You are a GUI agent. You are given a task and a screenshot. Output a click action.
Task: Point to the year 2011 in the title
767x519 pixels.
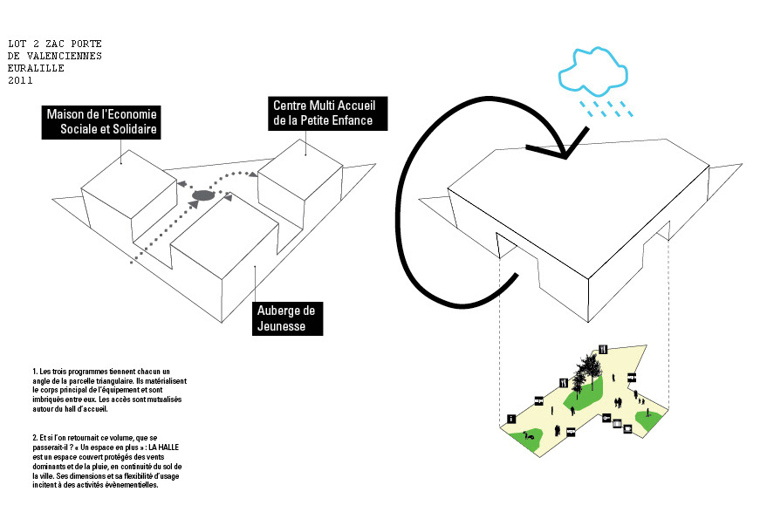pyautogui.click(x=20, y=80)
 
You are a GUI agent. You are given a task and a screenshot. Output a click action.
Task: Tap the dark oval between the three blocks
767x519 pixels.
pyautogui.click(x=202, y=197)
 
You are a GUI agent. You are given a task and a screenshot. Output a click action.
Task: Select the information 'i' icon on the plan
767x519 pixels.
pyautogui.click(x=510, y=420)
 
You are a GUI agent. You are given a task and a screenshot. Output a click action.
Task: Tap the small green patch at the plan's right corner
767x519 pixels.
pyautogui.click(x=647, y=419)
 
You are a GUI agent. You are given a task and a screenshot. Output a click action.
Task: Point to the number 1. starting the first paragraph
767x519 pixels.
pyautogui.click(x=35, y=372)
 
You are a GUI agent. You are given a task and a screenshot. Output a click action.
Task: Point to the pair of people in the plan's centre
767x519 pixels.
pyautogui.click(x=619, y=402)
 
